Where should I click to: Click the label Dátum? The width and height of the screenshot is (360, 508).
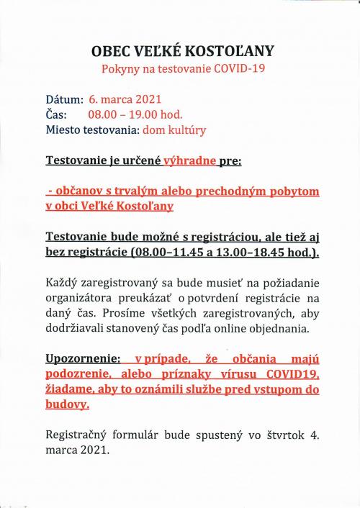pos(65,99)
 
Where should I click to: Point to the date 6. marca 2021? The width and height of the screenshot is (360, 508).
pos(125,99)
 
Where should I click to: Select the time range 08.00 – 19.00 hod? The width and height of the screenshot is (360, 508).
pos(135,114)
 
